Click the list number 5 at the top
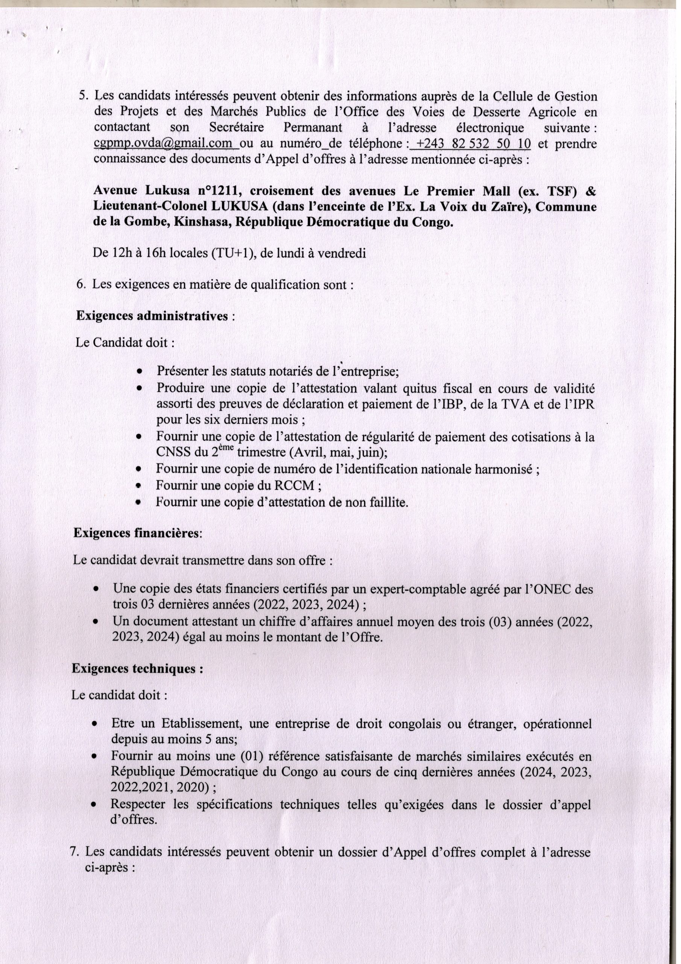tap(83, 96)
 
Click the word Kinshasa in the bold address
tap(201, 223)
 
